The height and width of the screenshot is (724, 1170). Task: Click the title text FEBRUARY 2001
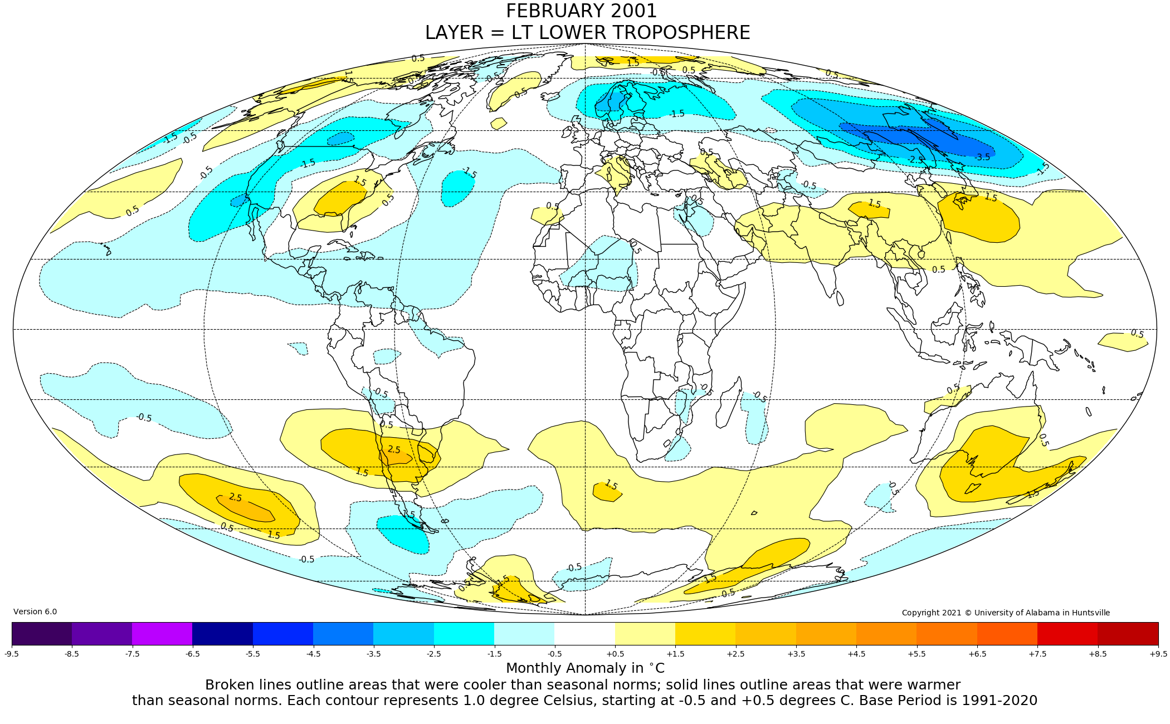(581, 11)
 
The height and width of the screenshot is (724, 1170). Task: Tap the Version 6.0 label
(35, 612)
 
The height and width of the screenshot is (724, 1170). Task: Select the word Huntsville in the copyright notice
(1089, 613)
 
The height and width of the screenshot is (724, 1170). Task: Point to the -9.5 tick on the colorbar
(12, 653)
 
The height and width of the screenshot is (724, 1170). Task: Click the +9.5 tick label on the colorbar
(1158, 653)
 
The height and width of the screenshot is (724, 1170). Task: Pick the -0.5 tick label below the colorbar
(554, 653)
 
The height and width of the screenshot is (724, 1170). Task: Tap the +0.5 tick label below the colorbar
(615, 653)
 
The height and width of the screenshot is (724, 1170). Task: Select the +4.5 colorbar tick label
(856, 653)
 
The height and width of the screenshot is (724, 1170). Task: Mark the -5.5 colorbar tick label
(253, 653)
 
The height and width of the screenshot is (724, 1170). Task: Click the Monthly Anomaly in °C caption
(585, 668)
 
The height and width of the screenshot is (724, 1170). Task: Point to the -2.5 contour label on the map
(915, 160)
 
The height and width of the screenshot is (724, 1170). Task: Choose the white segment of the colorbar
(584, 633)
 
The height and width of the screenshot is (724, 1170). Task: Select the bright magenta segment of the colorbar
(162, 633)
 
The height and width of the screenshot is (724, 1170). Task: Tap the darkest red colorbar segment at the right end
(1128, 633)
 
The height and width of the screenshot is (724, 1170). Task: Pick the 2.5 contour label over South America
(394, 449)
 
